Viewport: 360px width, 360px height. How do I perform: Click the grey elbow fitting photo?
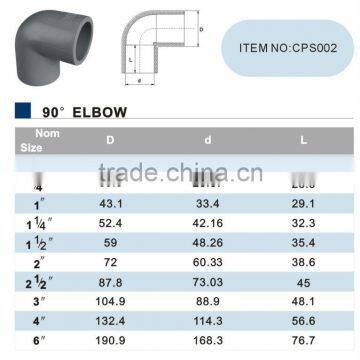coord(46,48)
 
